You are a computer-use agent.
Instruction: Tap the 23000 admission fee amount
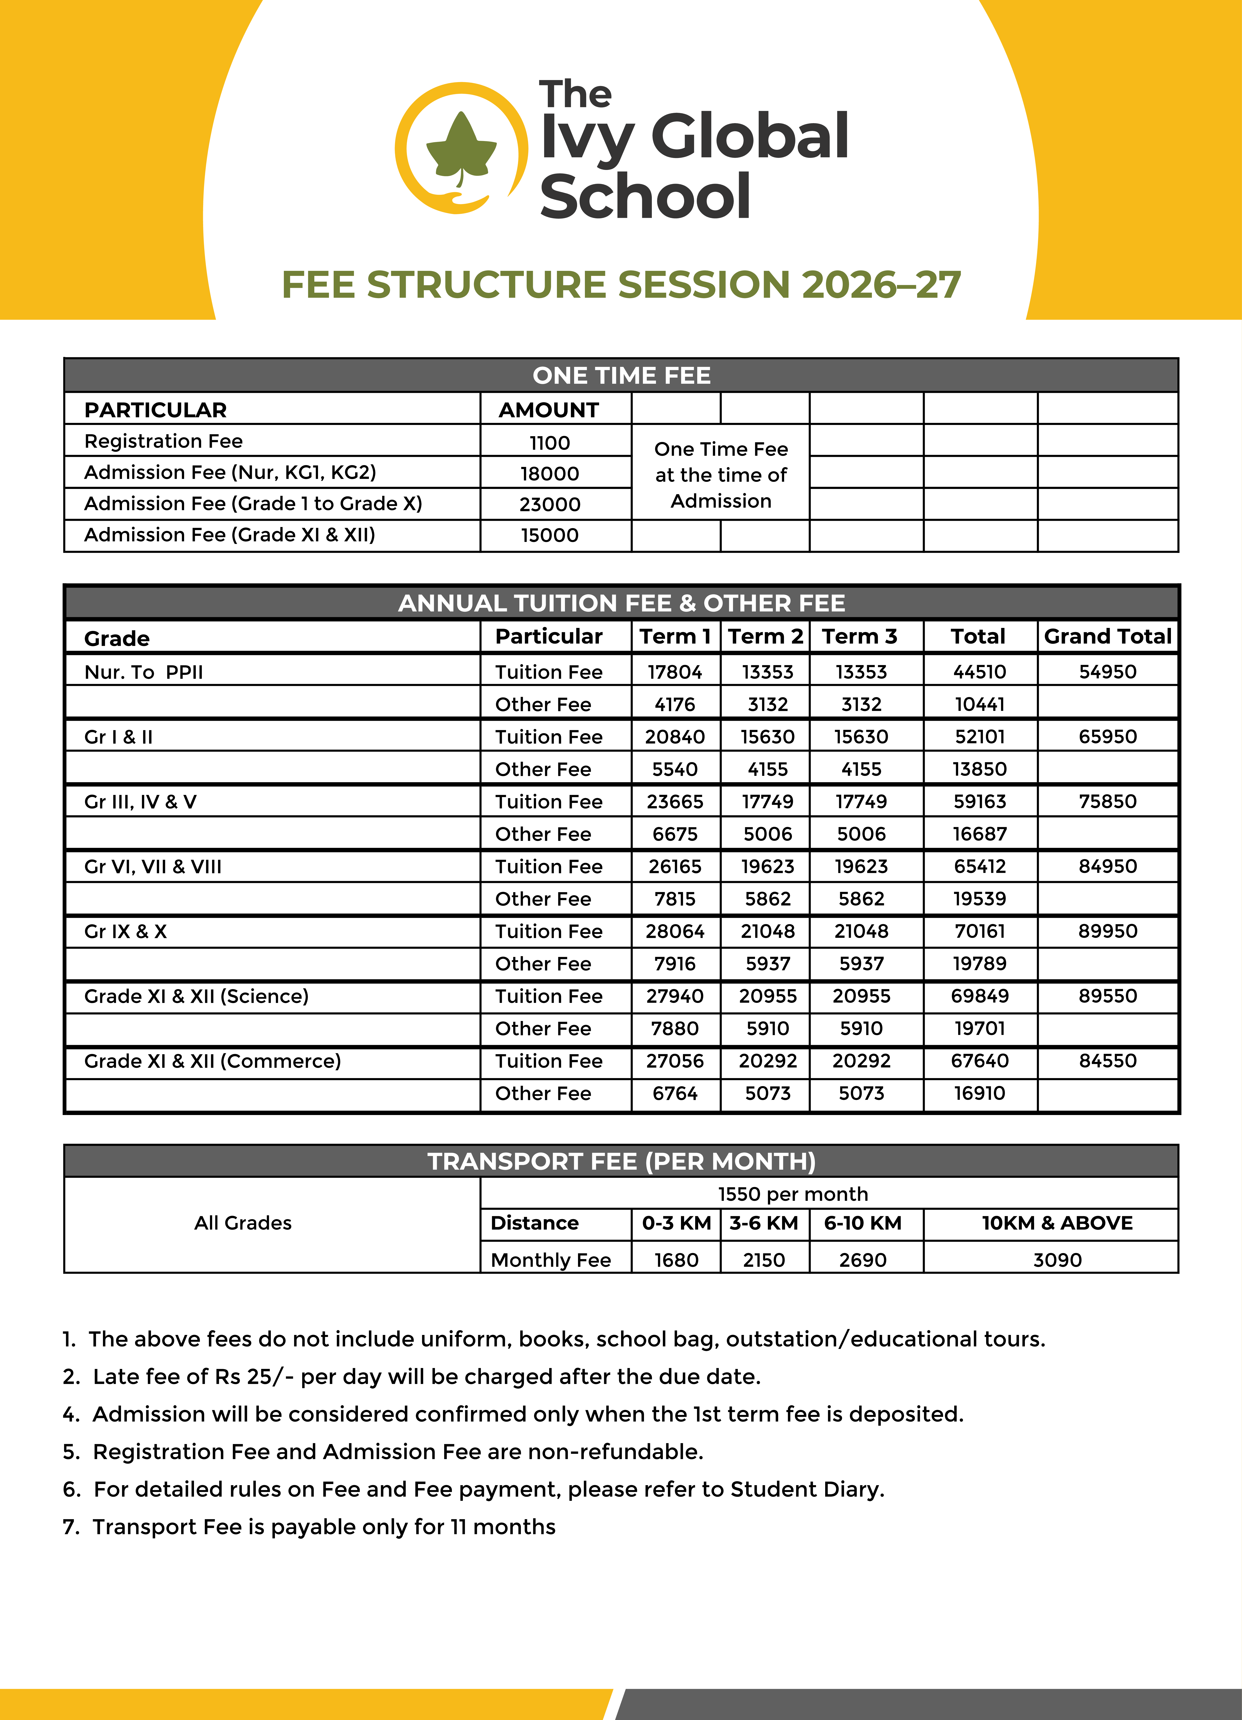coord(550,504)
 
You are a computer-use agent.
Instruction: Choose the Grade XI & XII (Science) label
coord(196,996)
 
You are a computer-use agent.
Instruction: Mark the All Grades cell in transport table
coord(243,1223)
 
